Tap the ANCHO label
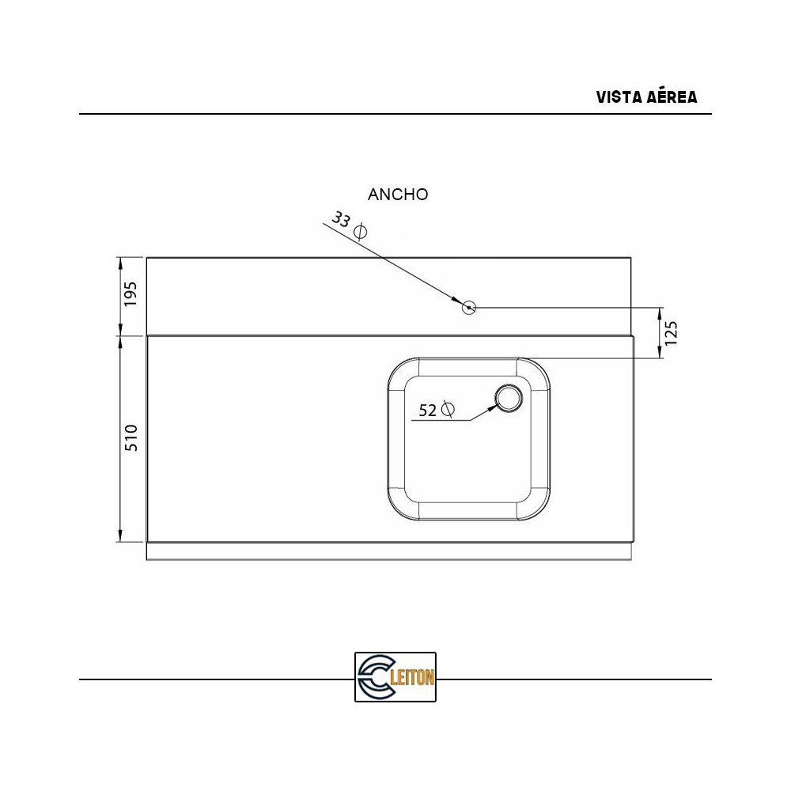click(x=398, y=195)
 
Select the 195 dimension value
click(x=131, y=293)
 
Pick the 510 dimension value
click(x=131, y=438)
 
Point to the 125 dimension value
click(x=671, y=334)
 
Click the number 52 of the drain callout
click(x=427, y=411)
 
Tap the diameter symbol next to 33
click(x=360, y=232)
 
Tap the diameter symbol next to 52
click(x=448, y=409)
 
